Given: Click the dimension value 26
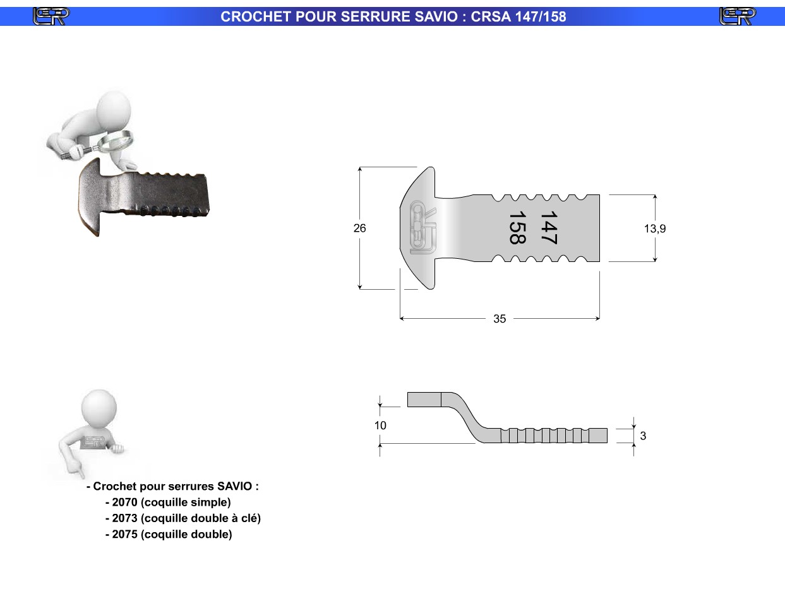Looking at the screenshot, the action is coord(359,228).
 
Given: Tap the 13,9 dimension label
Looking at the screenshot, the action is coord(655,229).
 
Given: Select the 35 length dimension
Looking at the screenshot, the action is coord(500,318).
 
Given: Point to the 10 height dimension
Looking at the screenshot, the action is coord(380,425).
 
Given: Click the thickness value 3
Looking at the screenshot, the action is coord(643,436).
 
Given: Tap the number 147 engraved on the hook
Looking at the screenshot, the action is coord(549,227).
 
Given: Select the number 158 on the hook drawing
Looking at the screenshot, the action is coord(517,227).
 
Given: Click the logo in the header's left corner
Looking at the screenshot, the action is coord(51,16).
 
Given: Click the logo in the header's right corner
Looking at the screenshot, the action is coord(738,16).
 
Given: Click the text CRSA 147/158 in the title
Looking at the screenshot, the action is coord(518,17).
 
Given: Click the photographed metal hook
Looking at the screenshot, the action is coord(143,196).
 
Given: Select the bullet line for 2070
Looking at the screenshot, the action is coord(168,502).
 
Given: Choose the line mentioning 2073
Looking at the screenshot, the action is coord(183,518).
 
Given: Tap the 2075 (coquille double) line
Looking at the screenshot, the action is coord(169,534).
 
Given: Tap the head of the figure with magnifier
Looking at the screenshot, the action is coord(114,109).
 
